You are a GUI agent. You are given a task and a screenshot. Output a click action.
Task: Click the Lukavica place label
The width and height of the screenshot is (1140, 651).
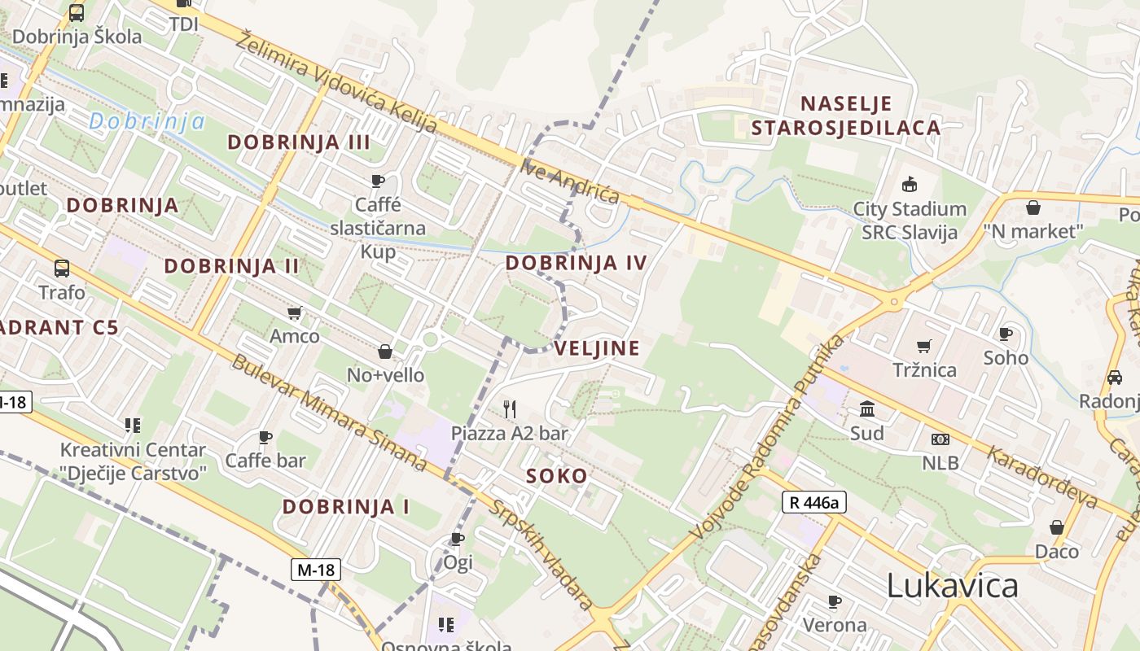(x=952, y=586)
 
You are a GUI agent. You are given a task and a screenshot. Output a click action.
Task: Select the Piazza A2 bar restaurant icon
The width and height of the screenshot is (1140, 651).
(x=510, y=409)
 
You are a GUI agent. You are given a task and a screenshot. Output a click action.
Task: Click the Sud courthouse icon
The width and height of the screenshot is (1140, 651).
(x=866, y=409)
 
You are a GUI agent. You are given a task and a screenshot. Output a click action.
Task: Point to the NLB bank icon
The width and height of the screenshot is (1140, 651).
(x=940, y=439)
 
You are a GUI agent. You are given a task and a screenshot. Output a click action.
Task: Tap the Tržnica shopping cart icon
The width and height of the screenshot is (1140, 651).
(x=924, y=346)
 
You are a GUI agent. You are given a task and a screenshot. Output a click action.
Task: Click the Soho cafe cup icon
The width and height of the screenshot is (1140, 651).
(x=1006, y=334)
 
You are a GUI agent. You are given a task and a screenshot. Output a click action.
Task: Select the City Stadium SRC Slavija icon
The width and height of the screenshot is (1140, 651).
(x=909, y=185)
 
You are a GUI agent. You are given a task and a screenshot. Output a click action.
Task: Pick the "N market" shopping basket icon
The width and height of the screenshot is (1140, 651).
(x=1033, y=208)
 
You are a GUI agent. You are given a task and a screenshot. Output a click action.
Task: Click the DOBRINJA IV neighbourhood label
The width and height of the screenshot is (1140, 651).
(x=576, y=263)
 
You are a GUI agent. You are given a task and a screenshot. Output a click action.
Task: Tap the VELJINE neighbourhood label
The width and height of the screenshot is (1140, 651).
(x=597, y=348)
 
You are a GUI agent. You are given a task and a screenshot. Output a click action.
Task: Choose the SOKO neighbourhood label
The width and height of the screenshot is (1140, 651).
(x=556, y=476)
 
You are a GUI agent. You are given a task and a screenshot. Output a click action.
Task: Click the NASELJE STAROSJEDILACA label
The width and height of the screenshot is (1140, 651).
(x=846, y=116)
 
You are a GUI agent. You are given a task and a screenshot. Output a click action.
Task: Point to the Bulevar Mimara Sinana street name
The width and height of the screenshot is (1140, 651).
(x=329, y=413)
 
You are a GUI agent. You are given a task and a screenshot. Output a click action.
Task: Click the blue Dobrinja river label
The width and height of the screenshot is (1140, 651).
(x=147, y=122)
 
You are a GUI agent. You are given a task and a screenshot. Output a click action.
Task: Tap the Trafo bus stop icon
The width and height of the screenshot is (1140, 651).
(x=61, y=268)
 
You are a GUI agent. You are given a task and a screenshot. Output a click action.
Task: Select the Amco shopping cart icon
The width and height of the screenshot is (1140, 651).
(x=295, y=312)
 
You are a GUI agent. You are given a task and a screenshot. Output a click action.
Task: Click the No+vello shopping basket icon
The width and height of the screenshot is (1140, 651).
(x=385, y=352)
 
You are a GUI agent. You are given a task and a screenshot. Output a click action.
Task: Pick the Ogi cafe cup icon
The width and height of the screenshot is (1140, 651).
(x=458, y=539)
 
